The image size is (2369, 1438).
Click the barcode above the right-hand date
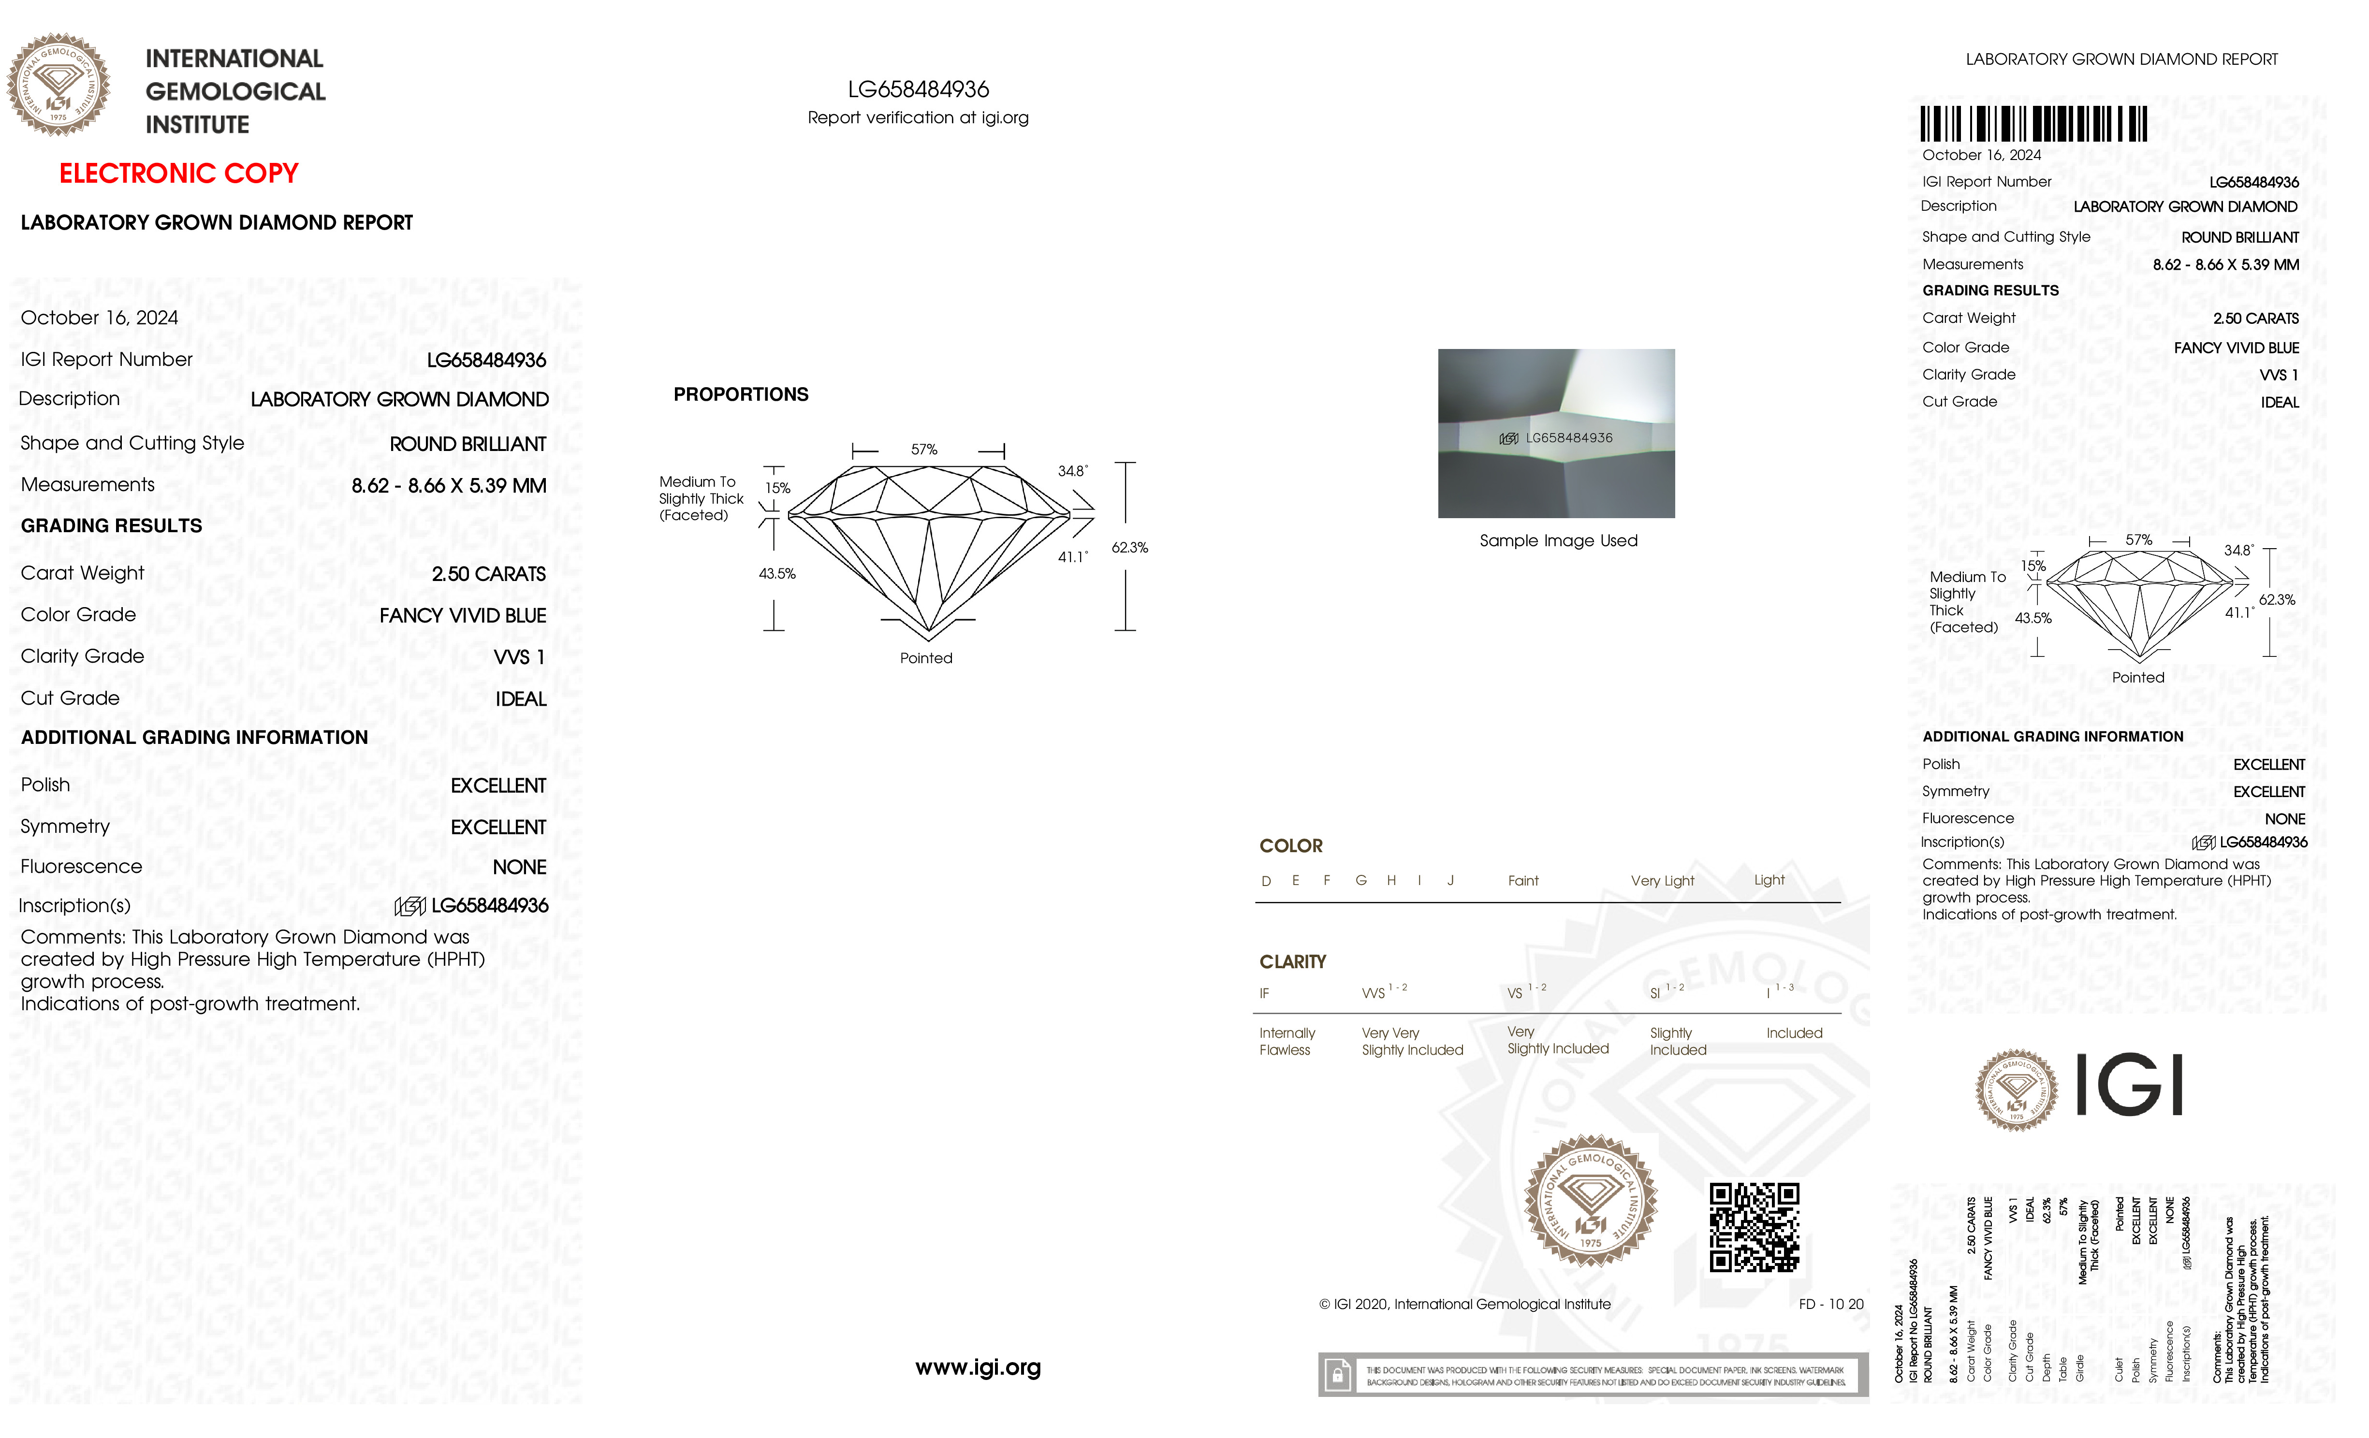(2033, 124)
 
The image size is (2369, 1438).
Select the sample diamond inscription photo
(1556, 434)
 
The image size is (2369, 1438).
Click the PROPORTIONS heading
(740, 394)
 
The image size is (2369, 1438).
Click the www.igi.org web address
(978, 1367)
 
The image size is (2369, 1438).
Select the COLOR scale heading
(1290, 846)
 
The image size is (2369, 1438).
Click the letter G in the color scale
(1360, 881)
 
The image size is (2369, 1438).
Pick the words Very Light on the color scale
(1662, 881)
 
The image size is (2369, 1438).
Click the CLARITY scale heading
(1292, 961)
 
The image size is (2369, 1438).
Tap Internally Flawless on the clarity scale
(1287, 1041)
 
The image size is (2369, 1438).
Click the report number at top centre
(918, 89)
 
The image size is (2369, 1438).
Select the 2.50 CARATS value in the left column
(488, 574)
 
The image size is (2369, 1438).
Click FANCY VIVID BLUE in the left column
(463, 615)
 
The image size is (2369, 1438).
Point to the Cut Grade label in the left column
(70, 698)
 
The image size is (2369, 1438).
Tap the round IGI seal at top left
(58, 85)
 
